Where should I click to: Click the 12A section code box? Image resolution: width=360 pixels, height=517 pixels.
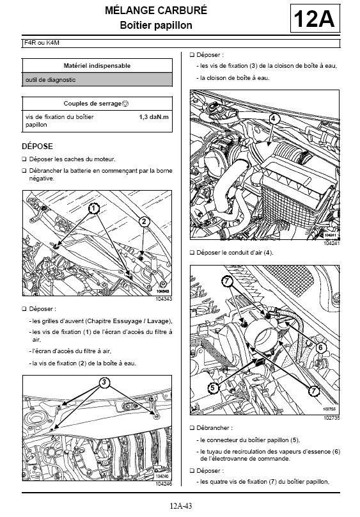(315, 19)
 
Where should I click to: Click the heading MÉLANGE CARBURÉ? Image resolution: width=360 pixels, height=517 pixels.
(156, 10)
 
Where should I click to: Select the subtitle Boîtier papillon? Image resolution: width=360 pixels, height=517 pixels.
(156, 25)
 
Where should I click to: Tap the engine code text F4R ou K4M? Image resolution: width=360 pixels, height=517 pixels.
(42, 43)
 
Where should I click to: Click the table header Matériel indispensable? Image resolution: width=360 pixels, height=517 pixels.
(97, 66)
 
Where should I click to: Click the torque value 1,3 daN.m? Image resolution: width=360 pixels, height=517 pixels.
(154, 117)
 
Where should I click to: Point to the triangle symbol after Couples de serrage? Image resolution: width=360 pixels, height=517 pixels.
(125, 104)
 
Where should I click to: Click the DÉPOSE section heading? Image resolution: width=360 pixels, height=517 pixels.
(37, 147)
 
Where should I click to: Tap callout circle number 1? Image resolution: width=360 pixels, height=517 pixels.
(94, 209)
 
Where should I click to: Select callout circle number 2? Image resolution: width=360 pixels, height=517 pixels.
(144, 221)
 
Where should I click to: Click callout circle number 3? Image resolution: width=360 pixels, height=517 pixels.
(104, 383)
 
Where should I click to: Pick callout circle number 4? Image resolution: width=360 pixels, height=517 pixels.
(274, 118)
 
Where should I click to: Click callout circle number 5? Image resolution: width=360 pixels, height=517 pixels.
(213, 388)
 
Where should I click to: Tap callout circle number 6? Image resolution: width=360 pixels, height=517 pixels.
(321, 347)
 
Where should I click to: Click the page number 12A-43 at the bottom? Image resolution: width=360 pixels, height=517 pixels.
(180, 505)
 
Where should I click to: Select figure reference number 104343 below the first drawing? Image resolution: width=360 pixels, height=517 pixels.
(164, 299)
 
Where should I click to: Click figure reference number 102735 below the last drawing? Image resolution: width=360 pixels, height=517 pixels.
(331, 418)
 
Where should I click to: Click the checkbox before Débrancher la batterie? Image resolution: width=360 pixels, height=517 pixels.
(24, 171)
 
